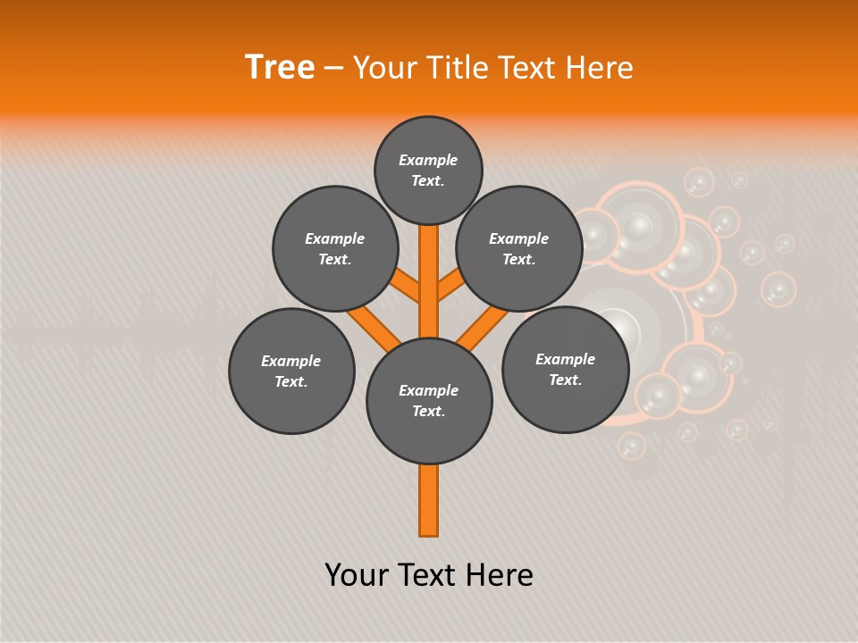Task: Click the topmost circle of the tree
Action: click(x=428, y=170)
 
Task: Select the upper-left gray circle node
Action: click(x=334, y=248)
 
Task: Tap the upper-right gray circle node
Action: click(x=519, y=248)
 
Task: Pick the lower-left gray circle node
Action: click(x=291, y=371)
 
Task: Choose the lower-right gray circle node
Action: click(x=565, y=369)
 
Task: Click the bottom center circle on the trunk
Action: click(x=429, y=400)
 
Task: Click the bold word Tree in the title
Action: click(x=280, y=67)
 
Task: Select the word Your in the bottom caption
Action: click(x=357, y=574)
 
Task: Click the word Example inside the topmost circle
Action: click(x=428, y=160)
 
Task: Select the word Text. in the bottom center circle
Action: click(x=428, y=411)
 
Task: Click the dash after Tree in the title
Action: click(x=333, y=68)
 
